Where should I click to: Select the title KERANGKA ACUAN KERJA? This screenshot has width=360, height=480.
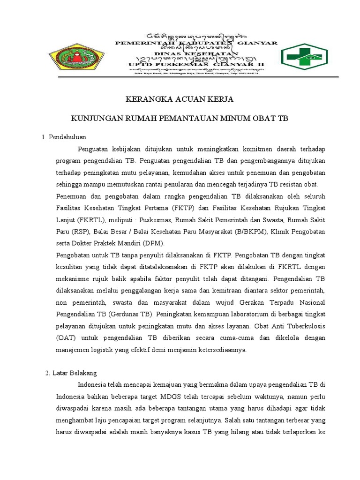pos(180,99)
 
